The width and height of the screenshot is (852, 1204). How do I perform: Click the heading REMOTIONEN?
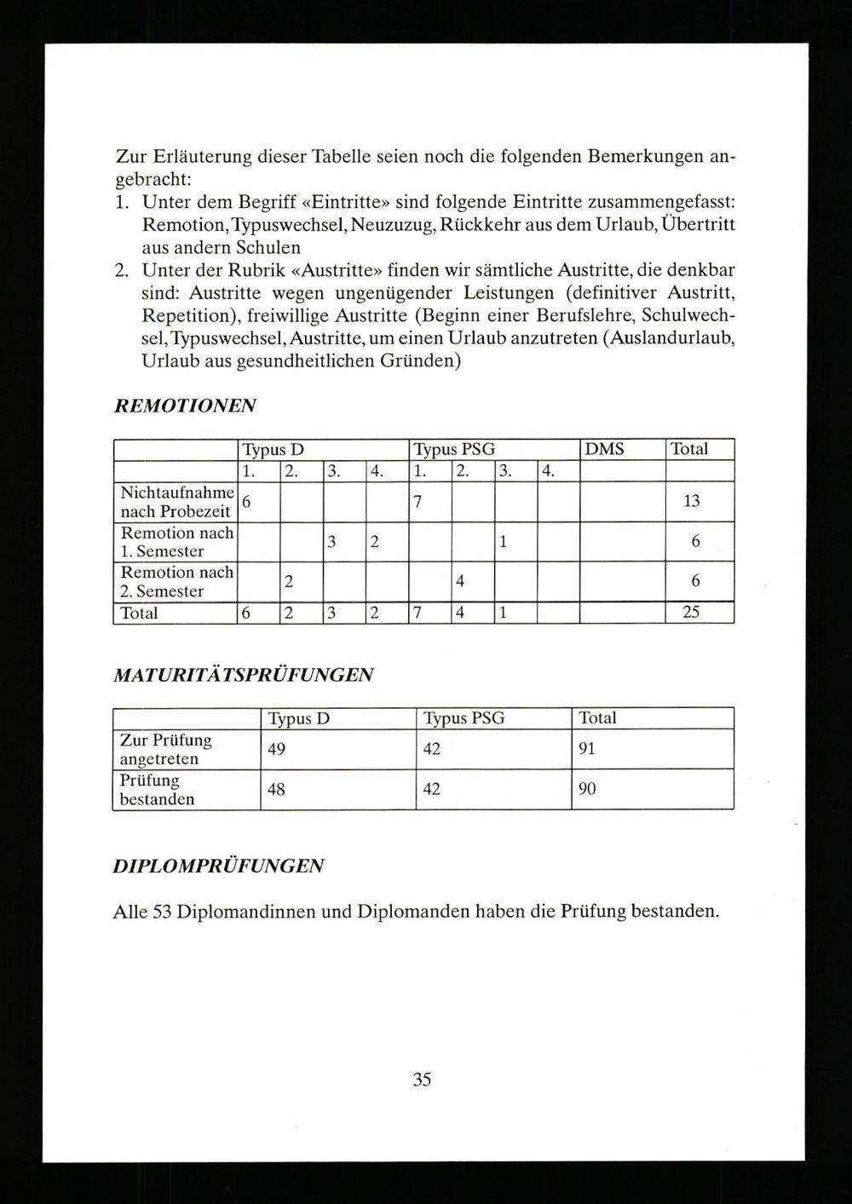185,406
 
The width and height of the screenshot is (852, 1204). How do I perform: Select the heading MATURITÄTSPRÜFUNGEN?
243,675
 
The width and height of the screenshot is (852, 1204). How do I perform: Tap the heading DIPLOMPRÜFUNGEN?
218,866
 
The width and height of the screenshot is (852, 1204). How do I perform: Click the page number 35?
422,1080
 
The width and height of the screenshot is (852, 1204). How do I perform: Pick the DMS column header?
604,449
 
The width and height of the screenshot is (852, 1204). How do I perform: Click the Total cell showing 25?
691,613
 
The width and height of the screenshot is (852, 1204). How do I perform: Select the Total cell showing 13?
691,501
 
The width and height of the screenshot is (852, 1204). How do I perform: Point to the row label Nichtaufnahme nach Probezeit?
176,502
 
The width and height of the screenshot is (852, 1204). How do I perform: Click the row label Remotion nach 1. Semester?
176,542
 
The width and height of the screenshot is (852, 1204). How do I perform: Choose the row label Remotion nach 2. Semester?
176,581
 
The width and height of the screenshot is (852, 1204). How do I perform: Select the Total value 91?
587,749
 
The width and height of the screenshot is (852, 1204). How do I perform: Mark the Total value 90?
587,789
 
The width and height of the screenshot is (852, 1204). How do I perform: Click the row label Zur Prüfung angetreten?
165,749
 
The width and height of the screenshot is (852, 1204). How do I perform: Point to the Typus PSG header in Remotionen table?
453,449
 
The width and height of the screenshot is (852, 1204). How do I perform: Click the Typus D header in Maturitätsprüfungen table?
298,718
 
